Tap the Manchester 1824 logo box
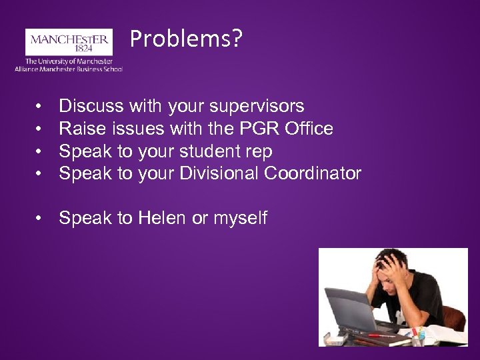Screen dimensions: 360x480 point(69,43)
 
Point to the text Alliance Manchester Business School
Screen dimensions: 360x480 point(69,69)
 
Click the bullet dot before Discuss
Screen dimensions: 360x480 point(41,107)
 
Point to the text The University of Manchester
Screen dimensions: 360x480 point(69,61)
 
